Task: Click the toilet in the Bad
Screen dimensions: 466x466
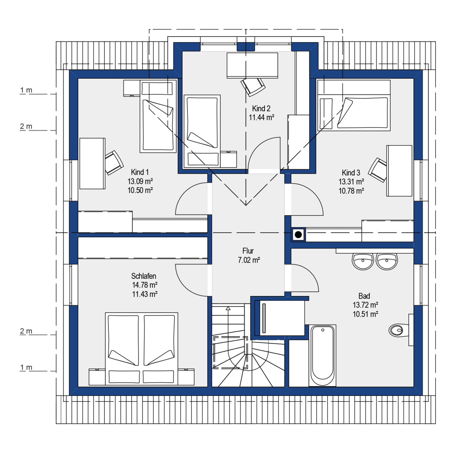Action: click(399, 330)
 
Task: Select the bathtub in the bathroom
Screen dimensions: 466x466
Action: click(322, 356)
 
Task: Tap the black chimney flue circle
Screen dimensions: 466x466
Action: click(298, 235)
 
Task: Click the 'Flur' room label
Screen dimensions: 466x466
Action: click(248, 251)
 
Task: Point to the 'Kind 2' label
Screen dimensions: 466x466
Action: click(261, 108)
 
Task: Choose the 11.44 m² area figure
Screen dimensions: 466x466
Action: click(261, 117)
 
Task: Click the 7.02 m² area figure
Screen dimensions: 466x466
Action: click(249, 260)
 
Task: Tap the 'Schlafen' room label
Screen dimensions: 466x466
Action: click(144, 276)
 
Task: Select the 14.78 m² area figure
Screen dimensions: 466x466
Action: click(145, 285)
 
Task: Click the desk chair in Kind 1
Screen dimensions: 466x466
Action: click(114, 163)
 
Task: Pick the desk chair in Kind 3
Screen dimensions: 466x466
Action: click(377, 170)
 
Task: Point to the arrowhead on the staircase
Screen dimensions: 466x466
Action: click(228, 308)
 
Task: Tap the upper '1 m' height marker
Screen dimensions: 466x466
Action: click(26, 90)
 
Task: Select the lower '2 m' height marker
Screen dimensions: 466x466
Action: click(26, 331)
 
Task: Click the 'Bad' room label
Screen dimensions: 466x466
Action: click(364, 296)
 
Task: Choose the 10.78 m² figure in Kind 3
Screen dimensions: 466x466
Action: click(351, 191)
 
